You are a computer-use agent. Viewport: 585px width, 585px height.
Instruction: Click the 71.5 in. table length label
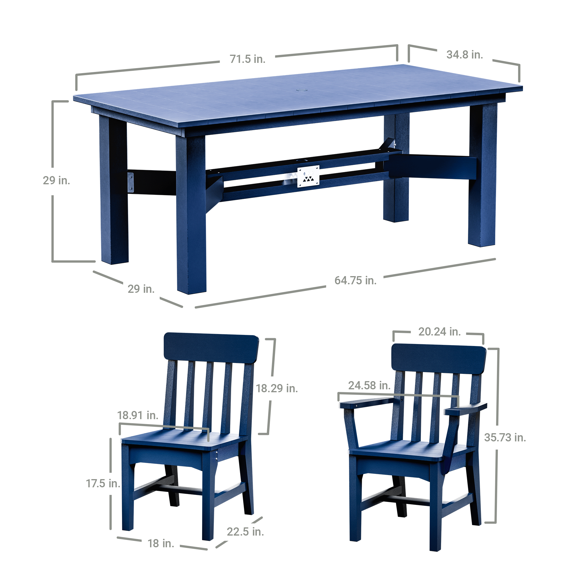247,59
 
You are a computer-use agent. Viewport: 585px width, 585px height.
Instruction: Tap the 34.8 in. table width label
464,54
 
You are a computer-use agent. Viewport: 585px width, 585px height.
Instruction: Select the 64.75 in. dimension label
355,281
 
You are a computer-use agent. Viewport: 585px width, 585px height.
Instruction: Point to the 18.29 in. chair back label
277,388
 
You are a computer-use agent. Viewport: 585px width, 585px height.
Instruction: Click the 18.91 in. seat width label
138,415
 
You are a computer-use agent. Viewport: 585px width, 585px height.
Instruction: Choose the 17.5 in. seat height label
103,484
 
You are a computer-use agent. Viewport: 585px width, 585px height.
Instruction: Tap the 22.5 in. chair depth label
245,532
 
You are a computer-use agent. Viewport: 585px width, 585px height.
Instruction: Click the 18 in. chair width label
161,543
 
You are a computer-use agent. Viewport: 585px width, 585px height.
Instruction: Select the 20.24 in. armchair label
439,332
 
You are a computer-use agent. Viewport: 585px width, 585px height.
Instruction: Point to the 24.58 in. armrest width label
369,386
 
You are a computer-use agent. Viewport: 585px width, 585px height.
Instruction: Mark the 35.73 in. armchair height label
505,438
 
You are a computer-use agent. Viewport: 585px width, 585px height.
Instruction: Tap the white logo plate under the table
308,176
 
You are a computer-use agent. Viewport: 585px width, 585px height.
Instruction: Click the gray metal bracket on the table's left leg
130,182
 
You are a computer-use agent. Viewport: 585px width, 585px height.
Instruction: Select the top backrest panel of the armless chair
211,349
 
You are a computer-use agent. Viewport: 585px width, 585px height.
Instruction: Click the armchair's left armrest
368,402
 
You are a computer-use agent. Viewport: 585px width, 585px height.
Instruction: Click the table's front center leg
191,214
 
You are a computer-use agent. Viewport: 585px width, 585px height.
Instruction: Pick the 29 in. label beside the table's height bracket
56,180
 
